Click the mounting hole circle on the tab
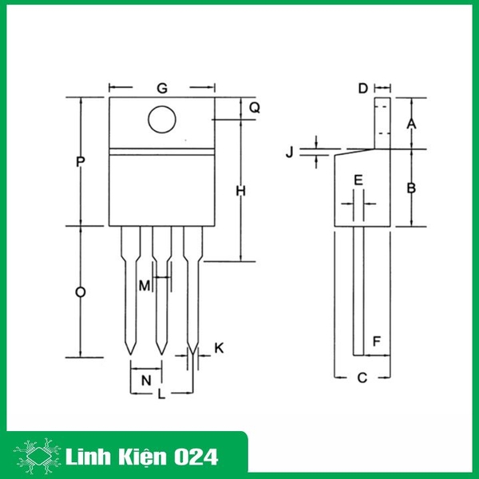point(162,120)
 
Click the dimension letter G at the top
point(162,87)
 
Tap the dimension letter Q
point(255,107)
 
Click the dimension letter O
point(80,293)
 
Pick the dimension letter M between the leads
point(144,285)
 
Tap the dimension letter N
point(145,381)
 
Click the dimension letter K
point(220,349)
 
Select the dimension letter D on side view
point(362,88)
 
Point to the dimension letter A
point(411,124)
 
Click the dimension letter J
point(291,151)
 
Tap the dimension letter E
point(358,180)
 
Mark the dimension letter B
point(411,188)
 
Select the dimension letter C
point(362,378)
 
